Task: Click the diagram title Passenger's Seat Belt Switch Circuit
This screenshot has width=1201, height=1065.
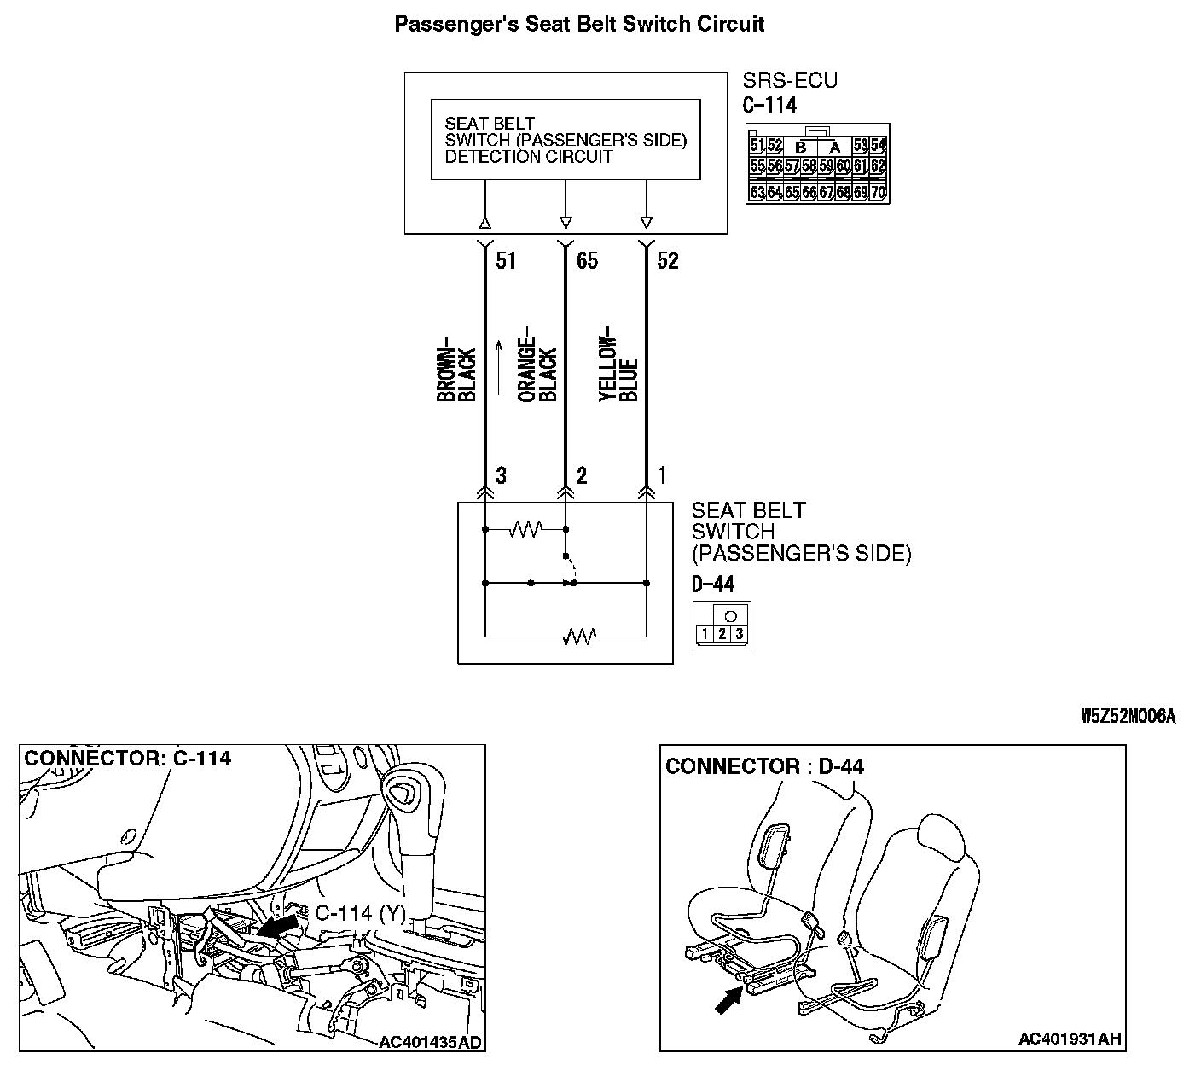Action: [579, 24]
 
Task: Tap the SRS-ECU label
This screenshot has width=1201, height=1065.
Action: [790, 81]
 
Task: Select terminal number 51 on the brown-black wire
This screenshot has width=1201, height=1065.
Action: [506, 260]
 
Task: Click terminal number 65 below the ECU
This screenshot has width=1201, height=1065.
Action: [587, 260]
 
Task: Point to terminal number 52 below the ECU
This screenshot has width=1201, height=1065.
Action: [668, 260]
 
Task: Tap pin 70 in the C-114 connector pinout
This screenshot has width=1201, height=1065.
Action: [879, 193]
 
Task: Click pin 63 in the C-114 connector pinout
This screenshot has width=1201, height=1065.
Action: [757, 193]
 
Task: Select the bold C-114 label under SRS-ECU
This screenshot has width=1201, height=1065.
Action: [769, 106]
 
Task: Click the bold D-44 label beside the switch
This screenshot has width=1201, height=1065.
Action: [713, 585]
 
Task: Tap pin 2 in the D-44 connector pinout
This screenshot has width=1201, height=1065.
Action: [722, 633]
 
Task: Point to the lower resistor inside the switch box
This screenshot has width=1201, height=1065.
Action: [580, 636]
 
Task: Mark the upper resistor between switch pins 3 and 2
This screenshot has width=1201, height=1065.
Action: [525, 530]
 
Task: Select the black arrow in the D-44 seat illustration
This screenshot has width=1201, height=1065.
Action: [728, 999]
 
